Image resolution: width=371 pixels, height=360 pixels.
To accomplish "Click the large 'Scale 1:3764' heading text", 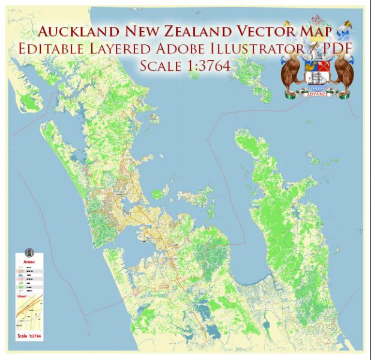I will point(185,66).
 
